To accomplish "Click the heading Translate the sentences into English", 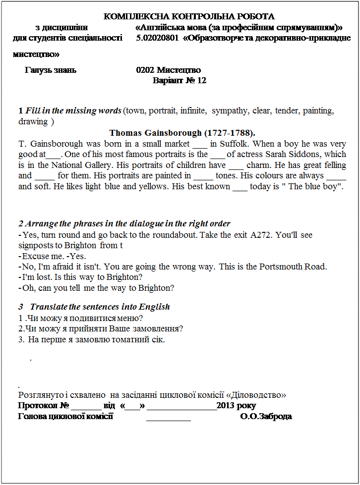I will tap(100, 307).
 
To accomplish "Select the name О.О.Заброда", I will tap(266, 416).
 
